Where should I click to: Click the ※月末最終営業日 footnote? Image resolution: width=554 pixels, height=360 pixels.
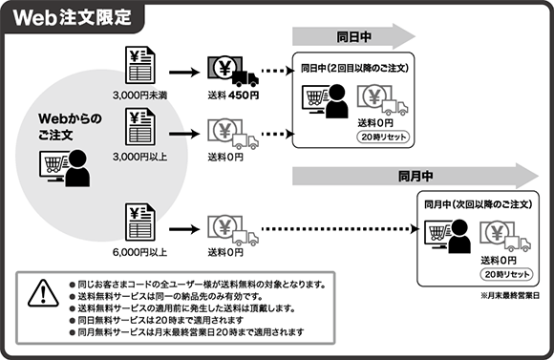[x=507, y=297]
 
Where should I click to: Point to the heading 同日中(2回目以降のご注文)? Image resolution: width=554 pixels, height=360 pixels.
[x=354, y=68]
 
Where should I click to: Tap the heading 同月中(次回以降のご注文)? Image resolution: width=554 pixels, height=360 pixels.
[x=479, y=204]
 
